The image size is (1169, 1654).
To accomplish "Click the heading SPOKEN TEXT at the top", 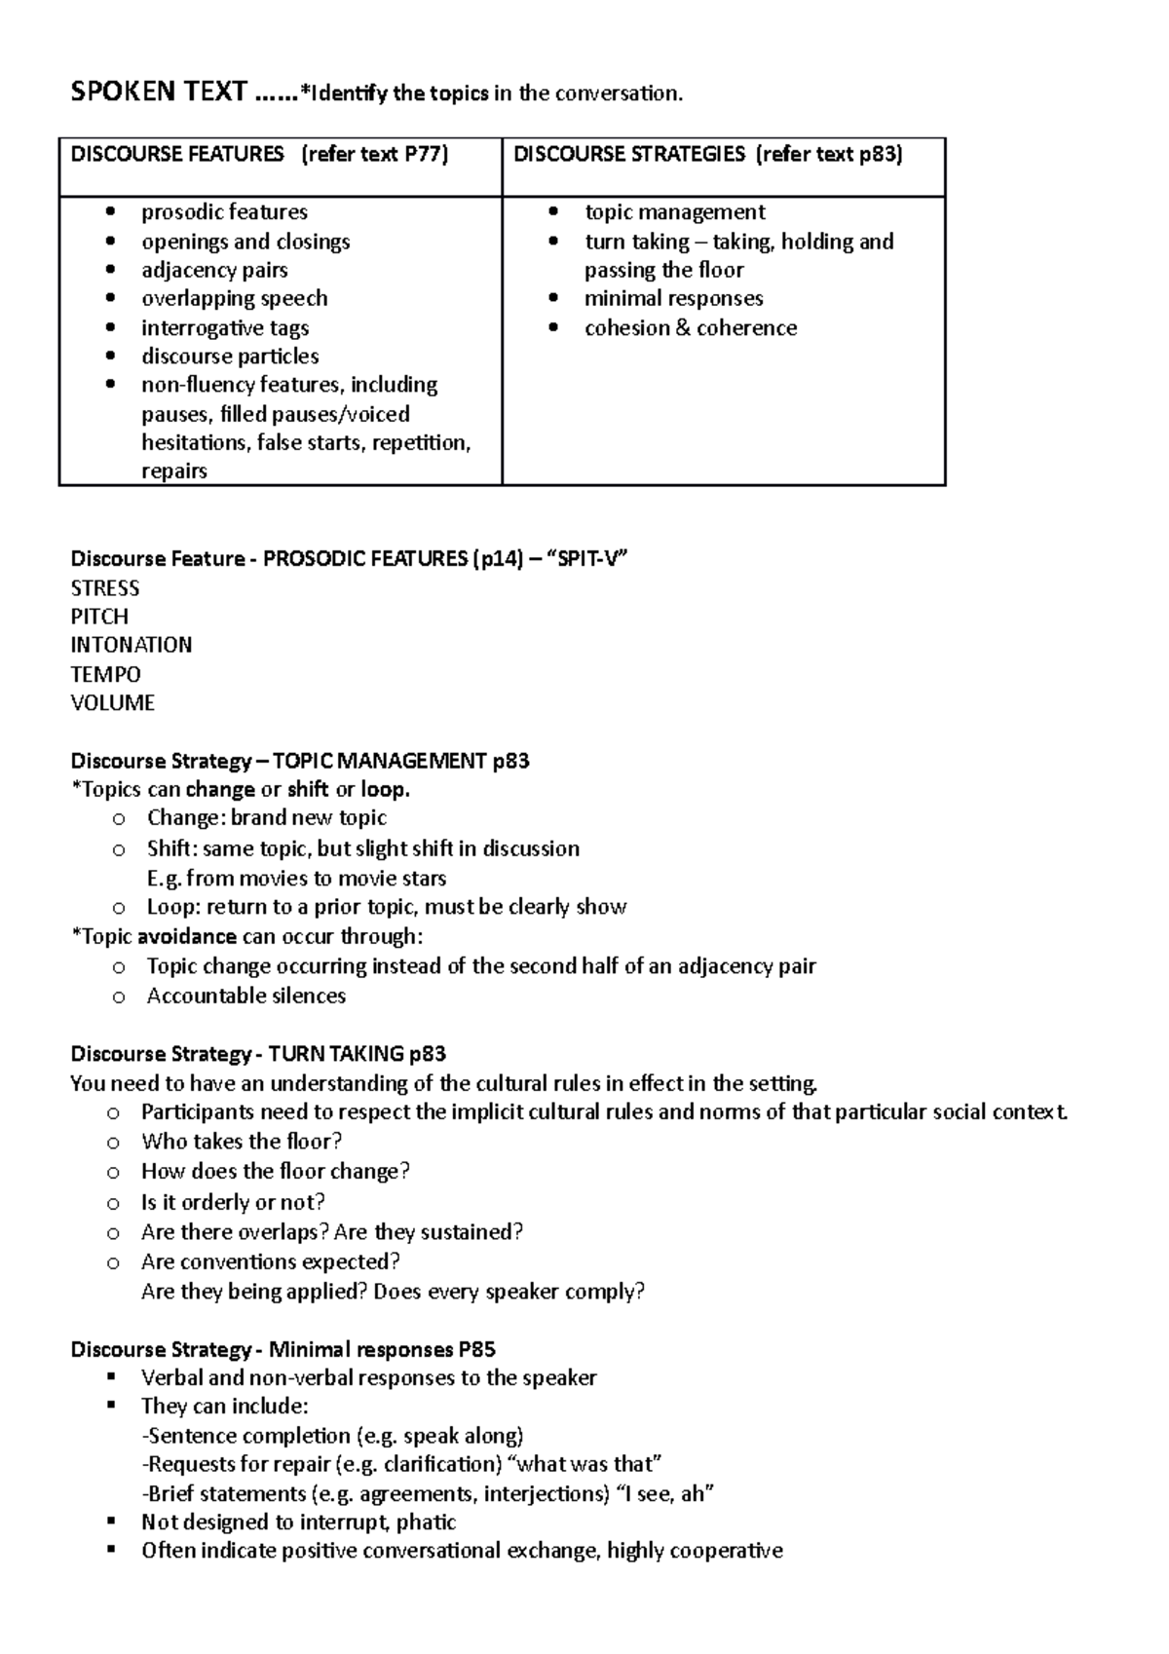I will pos(159,92).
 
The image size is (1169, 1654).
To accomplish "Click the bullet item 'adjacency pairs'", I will pos(214,270).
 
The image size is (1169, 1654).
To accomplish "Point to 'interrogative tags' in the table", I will pos(225,327).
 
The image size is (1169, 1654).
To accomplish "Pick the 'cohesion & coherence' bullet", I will pos(690,327).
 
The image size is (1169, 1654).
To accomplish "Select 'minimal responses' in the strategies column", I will pos(673,298).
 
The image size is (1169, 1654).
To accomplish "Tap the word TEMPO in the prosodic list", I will pos(105,674).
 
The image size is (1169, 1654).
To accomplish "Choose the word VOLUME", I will pos(112,702).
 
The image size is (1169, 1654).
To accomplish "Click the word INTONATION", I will pos(131,645).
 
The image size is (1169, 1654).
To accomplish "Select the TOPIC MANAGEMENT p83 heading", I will pos(400,761).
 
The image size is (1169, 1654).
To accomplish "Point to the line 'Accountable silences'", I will pos(245,996).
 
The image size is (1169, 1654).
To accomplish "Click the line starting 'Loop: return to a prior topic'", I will pos(386,907).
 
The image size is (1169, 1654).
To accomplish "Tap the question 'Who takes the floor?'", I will pos(241,1142).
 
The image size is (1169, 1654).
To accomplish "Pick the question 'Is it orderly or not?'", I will pos(233,1202).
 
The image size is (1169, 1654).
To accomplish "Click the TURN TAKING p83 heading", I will pos(357,1053).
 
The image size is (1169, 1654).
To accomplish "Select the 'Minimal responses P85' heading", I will pos(382,1349).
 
